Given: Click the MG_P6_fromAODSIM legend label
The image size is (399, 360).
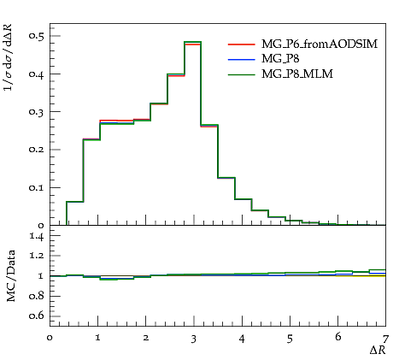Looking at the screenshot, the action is (320, 44).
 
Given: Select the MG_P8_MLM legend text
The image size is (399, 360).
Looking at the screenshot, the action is (297, 74).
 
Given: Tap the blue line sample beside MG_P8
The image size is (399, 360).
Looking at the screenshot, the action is (241, 60).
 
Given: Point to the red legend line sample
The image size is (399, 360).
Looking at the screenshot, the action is (241, 44).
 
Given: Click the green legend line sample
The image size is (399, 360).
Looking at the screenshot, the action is (241, 74).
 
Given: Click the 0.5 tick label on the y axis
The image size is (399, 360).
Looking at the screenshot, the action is (36, 36).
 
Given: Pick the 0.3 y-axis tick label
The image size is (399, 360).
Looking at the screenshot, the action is (36, 112).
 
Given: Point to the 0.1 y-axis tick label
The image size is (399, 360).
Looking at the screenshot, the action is (36, 187).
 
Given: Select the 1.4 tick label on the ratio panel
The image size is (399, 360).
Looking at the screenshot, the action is (37, 236).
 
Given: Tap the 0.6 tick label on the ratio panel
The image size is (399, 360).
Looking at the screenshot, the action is (36, 316).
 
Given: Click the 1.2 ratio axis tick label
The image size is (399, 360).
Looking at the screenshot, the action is (37, 256).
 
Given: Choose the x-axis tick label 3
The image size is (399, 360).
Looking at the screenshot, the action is (194, 339).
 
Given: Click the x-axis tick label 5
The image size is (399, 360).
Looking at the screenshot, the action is (290, 339).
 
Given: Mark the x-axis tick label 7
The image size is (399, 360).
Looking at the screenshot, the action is (385, 339).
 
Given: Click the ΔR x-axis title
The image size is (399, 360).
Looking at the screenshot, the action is (378, 350).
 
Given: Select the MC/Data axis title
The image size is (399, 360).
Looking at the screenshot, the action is (11, 275).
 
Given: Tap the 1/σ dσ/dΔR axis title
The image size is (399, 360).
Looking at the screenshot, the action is (9, 57).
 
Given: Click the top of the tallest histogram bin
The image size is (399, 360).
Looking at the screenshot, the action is (193, 42).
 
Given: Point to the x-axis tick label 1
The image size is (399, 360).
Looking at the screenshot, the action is (98, 339).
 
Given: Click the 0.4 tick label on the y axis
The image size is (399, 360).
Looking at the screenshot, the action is (36, 74).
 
